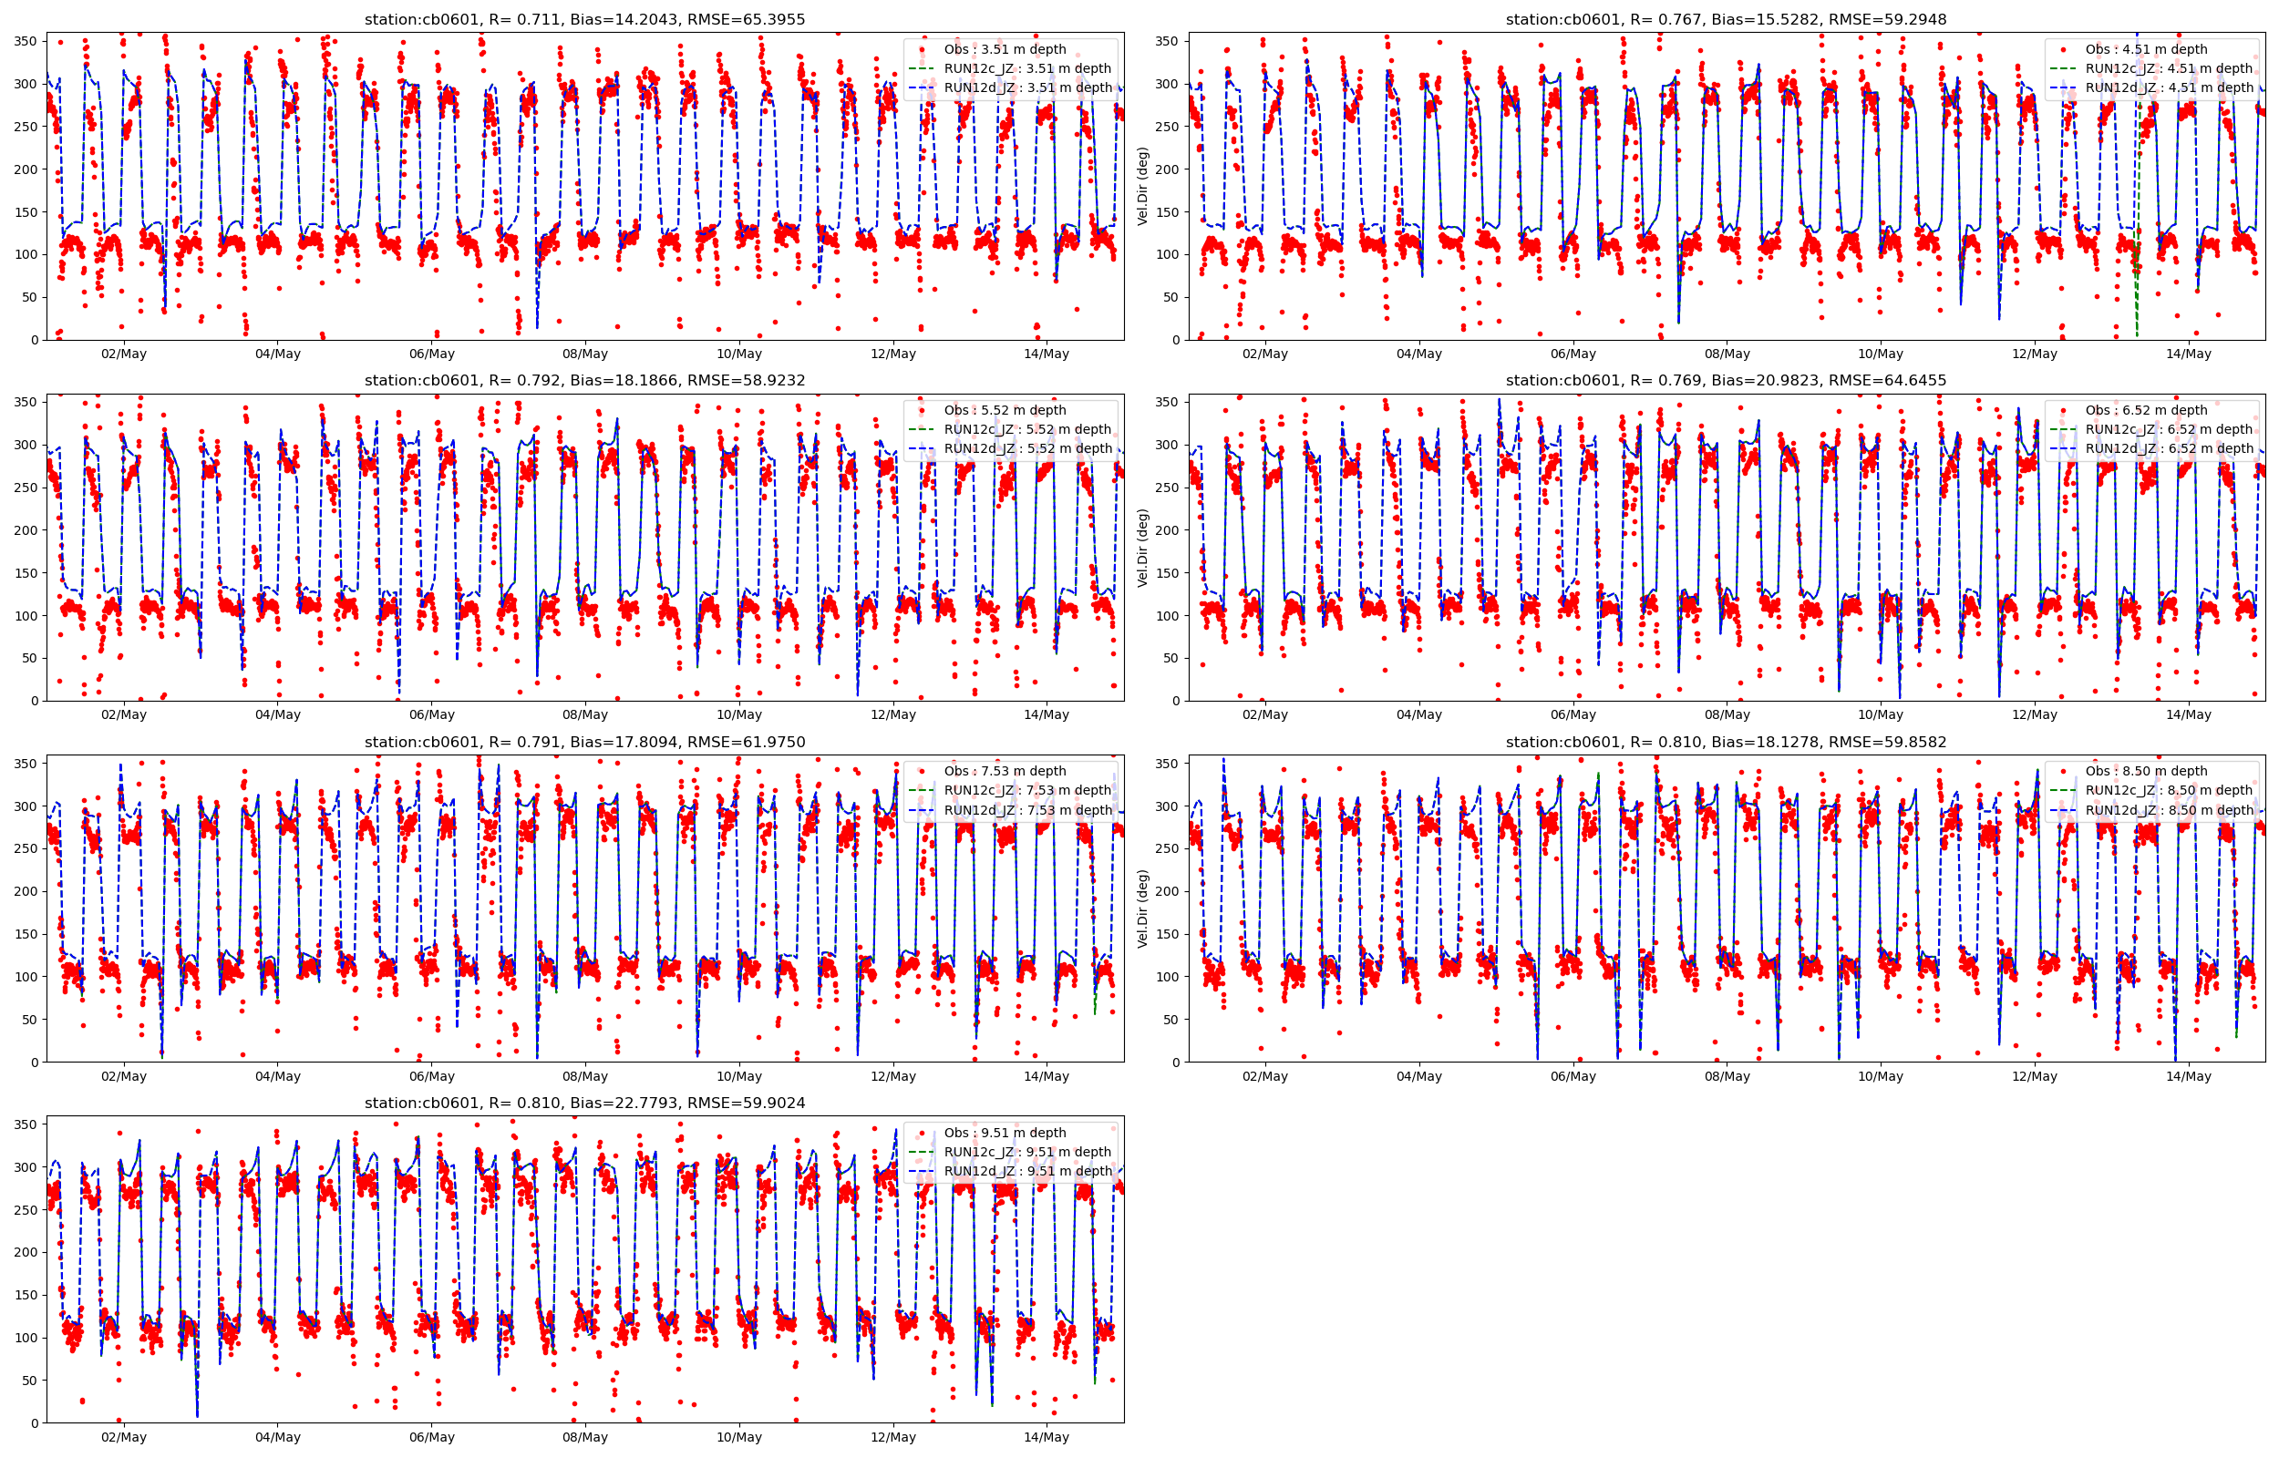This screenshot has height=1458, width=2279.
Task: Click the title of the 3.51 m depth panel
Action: point(584,19)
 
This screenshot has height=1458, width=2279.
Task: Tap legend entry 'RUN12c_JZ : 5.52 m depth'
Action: point(1026,429)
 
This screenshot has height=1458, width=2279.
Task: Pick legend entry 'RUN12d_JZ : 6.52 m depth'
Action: point(2168,448)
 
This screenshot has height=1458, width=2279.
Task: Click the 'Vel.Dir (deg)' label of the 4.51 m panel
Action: point(1143,186)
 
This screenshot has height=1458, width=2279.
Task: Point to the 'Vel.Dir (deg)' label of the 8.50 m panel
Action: point(1143,908)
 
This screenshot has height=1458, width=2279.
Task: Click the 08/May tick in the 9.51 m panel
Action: point(585,1437)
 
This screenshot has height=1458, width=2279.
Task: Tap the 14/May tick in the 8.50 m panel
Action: point(2188,1076)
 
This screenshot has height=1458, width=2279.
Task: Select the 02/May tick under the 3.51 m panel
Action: point(124,354)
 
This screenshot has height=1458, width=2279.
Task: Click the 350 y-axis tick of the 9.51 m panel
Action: point(26,1124)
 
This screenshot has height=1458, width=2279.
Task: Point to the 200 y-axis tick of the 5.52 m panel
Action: point(26,530)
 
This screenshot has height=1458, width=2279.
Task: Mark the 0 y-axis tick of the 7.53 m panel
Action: point(34,1063)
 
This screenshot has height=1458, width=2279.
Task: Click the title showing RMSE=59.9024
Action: point(584,1103)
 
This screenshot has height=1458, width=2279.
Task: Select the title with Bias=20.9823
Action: point(1725,381)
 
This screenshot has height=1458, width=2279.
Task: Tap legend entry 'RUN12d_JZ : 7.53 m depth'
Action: point(1027,810)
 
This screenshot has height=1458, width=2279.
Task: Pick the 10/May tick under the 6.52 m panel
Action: point(1880,714)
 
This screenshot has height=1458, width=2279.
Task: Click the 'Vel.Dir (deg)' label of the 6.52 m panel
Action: point(1143,548)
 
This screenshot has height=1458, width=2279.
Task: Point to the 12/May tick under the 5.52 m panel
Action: point(892,714)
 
